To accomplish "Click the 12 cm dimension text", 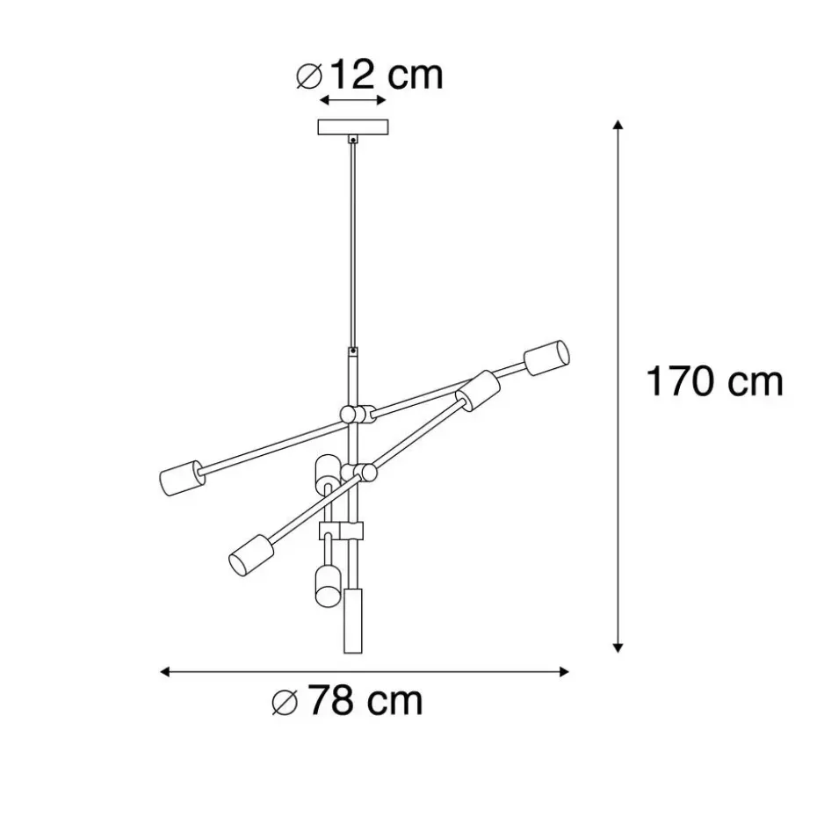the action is coord(387,75).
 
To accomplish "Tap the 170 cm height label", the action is coord(714,381).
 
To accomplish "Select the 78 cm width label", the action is coord(365,701).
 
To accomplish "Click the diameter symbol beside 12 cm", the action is coord(309,76).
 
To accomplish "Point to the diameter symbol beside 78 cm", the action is coord(285,703).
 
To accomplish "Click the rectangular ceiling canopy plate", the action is coord(353,127).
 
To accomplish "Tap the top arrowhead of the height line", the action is coord(618,125).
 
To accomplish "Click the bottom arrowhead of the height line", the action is coord(618,647).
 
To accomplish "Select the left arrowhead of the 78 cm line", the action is coord(164,672).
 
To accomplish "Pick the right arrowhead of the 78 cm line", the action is coord(564,672).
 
